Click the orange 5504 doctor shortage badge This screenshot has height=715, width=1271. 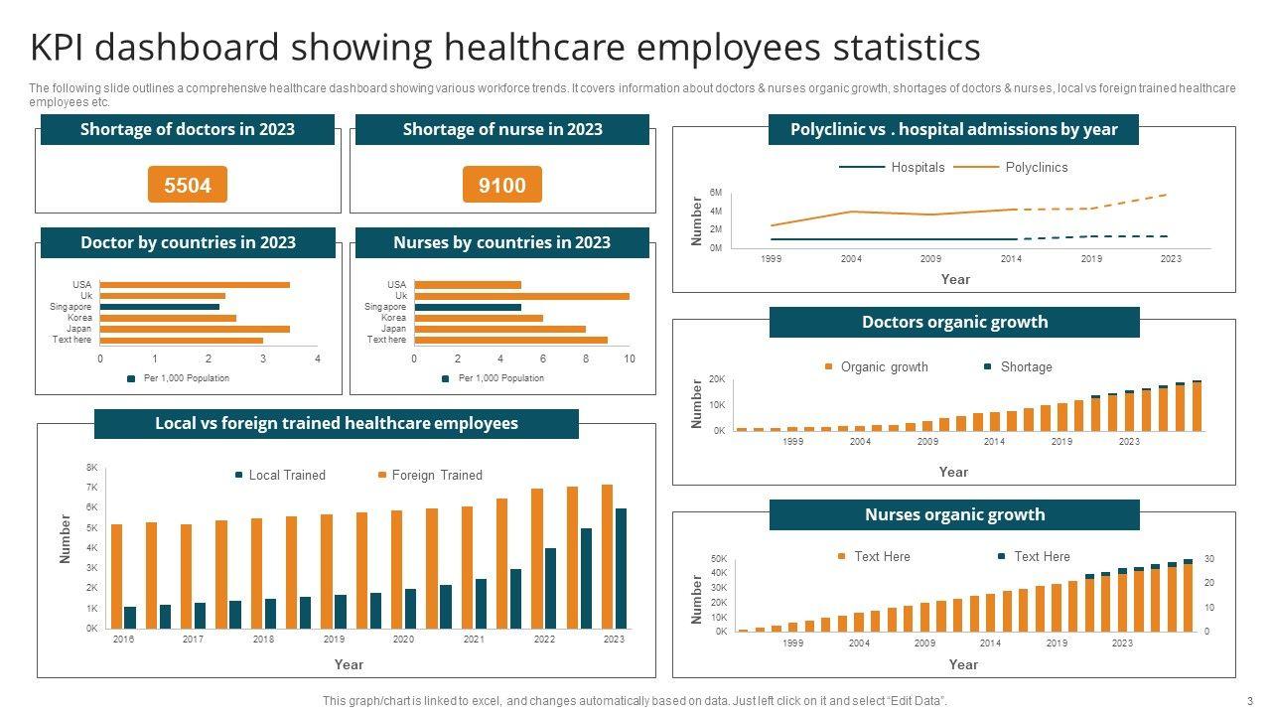(188, 185)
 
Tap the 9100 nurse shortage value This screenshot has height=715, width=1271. (502, 185)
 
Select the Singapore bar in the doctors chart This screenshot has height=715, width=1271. (160, 307)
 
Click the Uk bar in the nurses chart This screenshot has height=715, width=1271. (521, 296)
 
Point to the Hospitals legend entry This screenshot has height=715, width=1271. (918, 167)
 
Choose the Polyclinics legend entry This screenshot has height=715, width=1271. (1036, 167)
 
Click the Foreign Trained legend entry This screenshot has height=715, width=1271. (436, 475)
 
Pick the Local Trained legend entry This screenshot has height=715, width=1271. (286, 475)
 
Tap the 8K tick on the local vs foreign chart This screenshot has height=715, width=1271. (92, 467)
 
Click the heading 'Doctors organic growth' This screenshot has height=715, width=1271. (954, 322)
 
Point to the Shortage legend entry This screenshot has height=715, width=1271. (1026, 366)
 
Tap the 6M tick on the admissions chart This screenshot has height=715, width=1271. (716, 193)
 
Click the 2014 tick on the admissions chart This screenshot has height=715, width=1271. (1011, 258)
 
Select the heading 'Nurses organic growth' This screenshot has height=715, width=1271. (954, 514)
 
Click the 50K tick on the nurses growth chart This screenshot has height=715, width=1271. (719, 559)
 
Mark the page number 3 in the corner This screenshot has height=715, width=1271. (1250, 701)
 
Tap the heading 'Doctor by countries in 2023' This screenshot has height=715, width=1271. (188, 242)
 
